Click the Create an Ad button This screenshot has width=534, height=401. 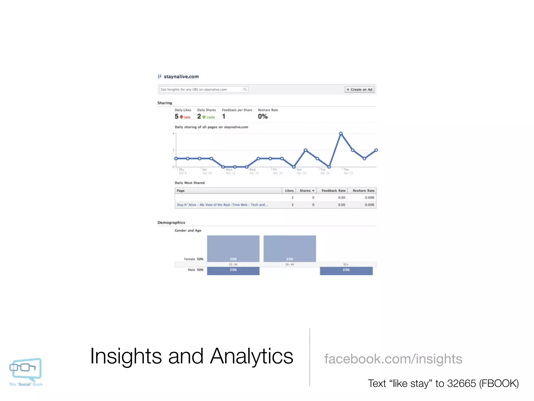coord(360,90)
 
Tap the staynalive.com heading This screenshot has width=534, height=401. coord(181,76)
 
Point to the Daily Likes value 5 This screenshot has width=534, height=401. coord(177,116)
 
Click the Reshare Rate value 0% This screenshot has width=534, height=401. coord(263,116)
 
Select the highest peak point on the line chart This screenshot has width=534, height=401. coord(341,134)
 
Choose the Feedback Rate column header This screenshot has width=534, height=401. coord(333,191)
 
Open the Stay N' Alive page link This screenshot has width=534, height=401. coord(222,205)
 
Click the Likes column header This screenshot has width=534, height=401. coord(289,191)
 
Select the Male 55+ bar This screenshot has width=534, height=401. coord(346,271)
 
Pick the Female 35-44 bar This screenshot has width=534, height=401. coord(290,249)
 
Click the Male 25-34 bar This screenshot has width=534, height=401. coord(233,271)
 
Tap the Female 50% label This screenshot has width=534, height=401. coord(193,259)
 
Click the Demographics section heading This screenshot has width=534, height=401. coord(171,222)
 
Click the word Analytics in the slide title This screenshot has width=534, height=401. coord(251,356)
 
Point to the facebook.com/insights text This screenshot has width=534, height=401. coord(393,359)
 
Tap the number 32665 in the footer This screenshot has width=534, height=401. coord(461,384)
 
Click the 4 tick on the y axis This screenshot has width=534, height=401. coord(173,134)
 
